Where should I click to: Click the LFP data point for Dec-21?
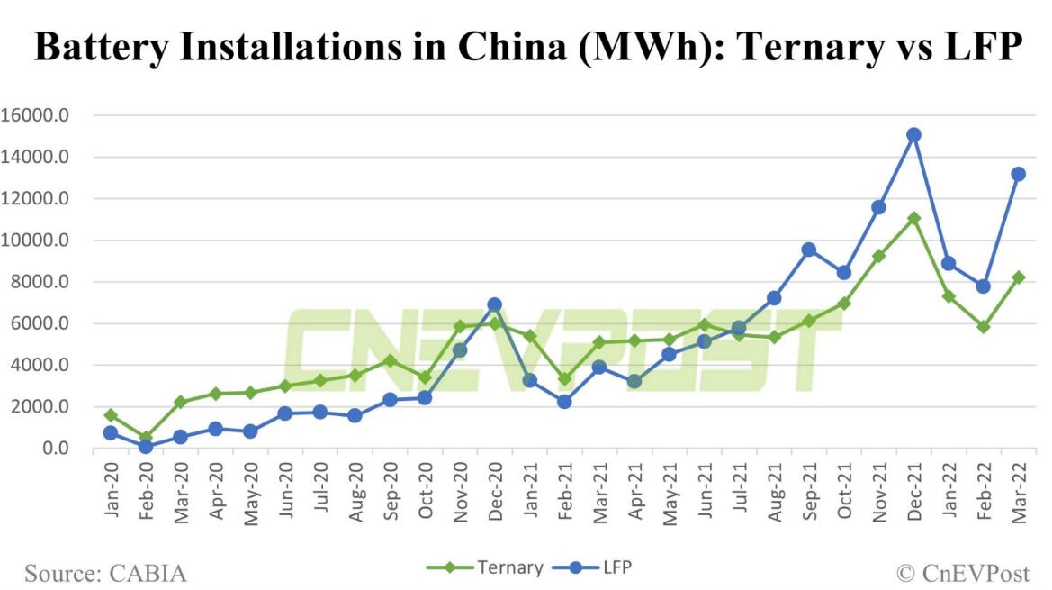pos(913,135)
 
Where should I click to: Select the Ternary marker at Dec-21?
pos(913,218)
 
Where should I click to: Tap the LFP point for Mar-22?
pos(1018,174)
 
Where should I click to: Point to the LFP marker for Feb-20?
pos(146,446)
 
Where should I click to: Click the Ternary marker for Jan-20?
pos(111,415)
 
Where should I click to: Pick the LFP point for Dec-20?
pos(494,305)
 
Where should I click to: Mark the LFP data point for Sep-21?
pos(808,250)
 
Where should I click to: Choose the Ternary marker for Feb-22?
pos(983,327)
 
